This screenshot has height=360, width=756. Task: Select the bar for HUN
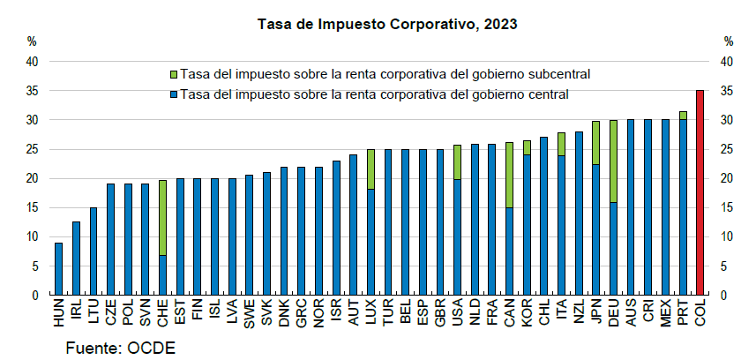pyautogui.click(x=58, y=269)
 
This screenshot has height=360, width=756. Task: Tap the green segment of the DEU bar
pyautogui.click(x=613, y=161)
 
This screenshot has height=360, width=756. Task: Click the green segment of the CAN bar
pyautogui.click(x=509, y=175)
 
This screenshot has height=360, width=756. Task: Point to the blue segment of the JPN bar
pyautogui.click(x=595, y=229)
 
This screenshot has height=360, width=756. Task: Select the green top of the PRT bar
pyautogui.click(x=683, y=115)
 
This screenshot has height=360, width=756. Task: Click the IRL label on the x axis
pyautogui.click(x=76, y=312)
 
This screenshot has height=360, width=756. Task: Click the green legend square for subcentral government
pyautogui.click(x=174, y=74)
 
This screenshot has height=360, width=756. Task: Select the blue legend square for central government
pyautogui.click(x=174, y=94)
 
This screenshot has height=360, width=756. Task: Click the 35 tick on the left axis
pyautogui.click(x=32, y=91)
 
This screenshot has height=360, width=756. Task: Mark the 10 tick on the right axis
pyautogui.click(x=728, y=236)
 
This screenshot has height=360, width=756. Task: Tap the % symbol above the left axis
pyautogui.click(x=32, y=41)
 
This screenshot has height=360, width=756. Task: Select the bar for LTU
pyautogui.click(x=93, y=251)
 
